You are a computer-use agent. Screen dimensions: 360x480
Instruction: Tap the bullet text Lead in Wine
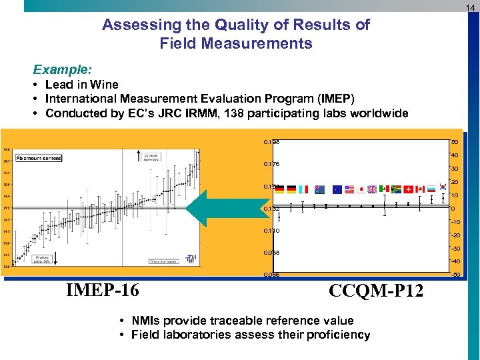[x=81, y=85]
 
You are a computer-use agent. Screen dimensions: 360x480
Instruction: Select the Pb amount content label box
[x=39, y=158]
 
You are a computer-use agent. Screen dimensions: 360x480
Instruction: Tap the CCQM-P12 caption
[x=377, y=291]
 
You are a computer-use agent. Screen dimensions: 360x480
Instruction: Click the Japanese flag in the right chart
[x=361, y=189]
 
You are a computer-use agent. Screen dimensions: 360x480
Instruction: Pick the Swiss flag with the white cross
[x=407, y=189]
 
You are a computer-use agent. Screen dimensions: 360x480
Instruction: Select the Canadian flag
[x=419, y=189]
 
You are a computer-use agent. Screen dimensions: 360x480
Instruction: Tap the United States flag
[x=349, y=189]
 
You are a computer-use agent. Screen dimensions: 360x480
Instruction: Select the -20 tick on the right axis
[x=456, y=235]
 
